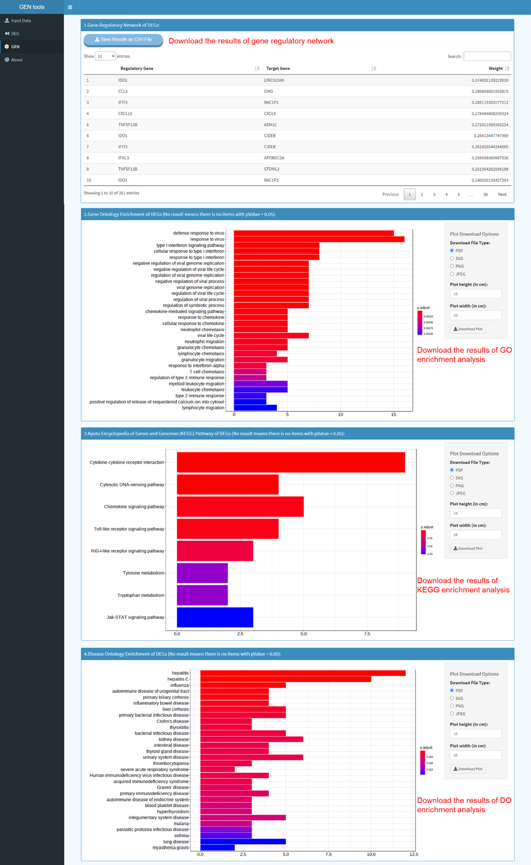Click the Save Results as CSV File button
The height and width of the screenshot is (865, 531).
coord(123,40)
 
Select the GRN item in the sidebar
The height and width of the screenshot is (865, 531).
coord(15,46)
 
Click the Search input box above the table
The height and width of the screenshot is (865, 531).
coord(487,56)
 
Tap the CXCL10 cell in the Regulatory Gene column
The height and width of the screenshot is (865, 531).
coord(125,113)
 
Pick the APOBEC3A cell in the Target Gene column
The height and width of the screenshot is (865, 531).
coord(274,158)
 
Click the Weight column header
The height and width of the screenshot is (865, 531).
coord(495,68)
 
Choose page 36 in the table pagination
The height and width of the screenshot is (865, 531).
coord(485,194)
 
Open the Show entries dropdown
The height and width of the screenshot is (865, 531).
coord(105,56)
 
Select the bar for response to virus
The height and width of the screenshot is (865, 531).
coord(319,239)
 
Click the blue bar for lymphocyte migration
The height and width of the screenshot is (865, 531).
coord(255,407)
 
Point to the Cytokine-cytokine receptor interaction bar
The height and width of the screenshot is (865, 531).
coord(290,462)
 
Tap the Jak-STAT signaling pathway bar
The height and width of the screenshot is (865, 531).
coord(215,617)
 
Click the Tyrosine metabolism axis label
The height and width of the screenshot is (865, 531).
coord(143,573)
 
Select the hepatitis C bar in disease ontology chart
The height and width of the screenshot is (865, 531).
coord(285,679)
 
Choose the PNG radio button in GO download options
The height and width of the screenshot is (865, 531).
coord(452,266)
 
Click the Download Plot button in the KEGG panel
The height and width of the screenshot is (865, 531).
coord(468,548)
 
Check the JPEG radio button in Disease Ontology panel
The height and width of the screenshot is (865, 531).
coord(452,714)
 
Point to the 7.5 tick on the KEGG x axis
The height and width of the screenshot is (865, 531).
coord(367,634)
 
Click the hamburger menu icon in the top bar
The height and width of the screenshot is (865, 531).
coord(70,7)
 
